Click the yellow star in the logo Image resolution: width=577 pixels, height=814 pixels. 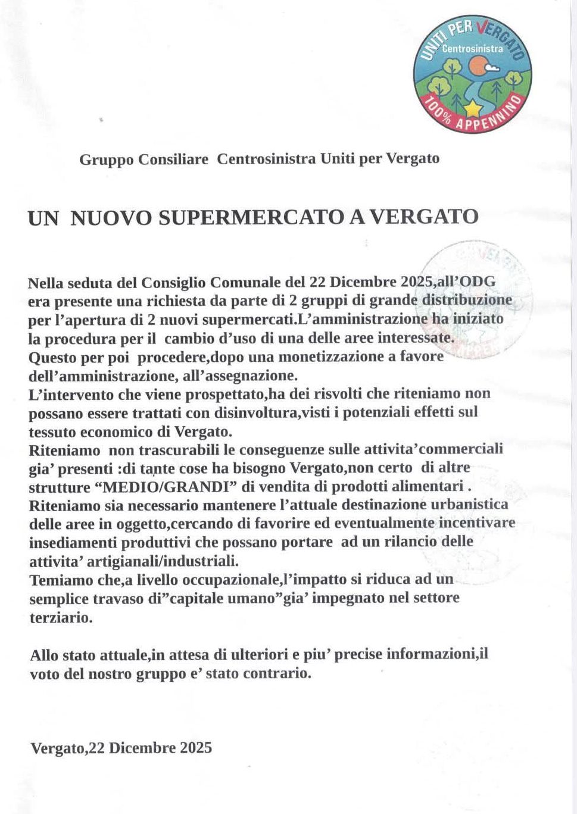tap(473, 107)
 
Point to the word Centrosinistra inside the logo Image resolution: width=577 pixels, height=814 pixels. tap(472, 49)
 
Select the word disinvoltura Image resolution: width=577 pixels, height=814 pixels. tap(254, 412)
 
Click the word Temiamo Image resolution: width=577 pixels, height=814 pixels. tap(61, 580)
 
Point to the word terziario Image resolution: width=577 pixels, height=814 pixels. tap(61, 617)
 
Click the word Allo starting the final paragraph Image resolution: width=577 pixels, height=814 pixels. tap(44, 655)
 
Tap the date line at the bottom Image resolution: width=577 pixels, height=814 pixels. tap(121, 747)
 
